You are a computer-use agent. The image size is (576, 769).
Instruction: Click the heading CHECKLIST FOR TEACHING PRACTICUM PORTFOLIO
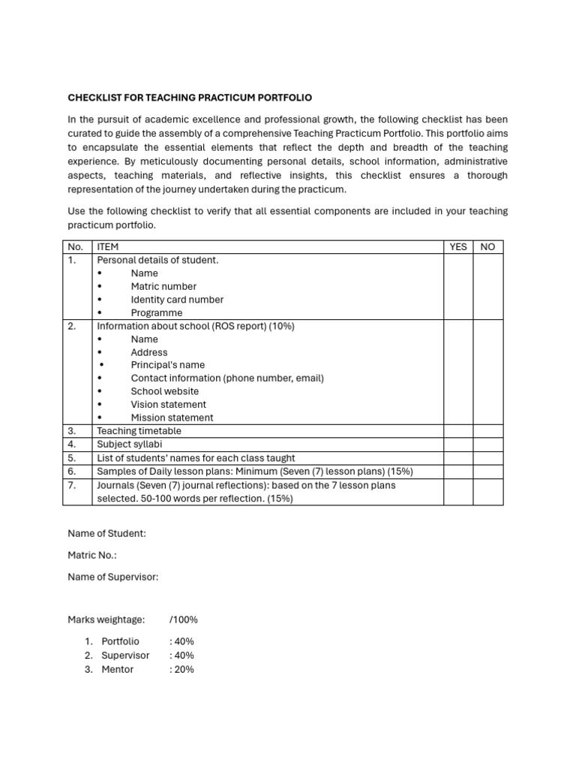pyautogui.click(x=190, y=98)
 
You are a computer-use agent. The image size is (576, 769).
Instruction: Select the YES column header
pyautogui.click(x=457, y=247)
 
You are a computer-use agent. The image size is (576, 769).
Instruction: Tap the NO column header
pyautogui.click(x=487, y=247)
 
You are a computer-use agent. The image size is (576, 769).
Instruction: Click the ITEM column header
pyautogui.click(x=108, y=247)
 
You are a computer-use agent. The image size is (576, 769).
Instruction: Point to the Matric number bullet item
pyautogui.click(x=163, y=286)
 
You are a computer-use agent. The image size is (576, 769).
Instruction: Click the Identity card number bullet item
pyautogui.click(x=177, y=300)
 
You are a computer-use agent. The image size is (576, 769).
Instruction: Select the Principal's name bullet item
pyautogui.click(x=167, y=365)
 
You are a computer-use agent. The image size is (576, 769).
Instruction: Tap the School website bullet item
pyautogui.click(x=165, y=391)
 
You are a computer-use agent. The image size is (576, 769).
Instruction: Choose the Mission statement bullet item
pyautogui.click(x=172, y=418)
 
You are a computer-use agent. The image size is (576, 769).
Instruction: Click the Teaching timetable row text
pyautogui.click(x=139, y=431)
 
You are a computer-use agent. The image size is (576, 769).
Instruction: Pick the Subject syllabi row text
pyautogui.click(x=129, y=445)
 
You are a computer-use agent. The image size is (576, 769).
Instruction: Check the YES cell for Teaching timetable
pyautogui.click(x=457, y=431)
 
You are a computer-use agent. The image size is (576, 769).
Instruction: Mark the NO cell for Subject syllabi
pyautogui.click(x=487, y=445)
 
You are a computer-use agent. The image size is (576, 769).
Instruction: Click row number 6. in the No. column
pyautogui.click(x=72, y=472)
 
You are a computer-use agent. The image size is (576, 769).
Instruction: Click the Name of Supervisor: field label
pyautogui.click(x=113, y=577)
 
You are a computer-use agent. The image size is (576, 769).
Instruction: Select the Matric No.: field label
pyautogui.click(x=92, y=555)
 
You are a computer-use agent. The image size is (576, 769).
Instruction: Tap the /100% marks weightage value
pyautogui.click(x=184, y=620)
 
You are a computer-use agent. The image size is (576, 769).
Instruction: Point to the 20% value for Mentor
pyautogui.click(x=182, y=669)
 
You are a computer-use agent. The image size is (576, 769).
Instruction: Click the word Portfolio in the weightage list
pyautogui.click(x=120, y=641)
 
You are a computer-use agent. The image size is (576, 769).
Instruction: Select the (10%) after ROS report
pyautogui.click(x=280, y=326)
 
